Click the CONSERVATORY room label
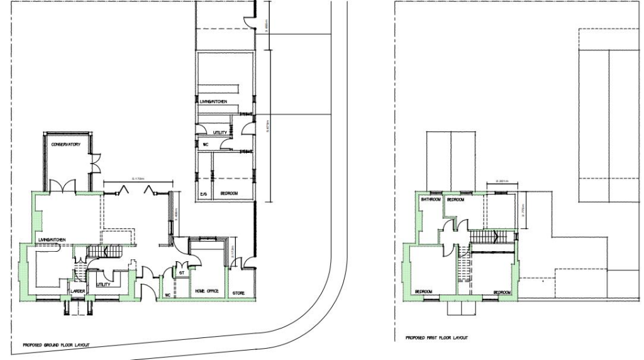pos(66,145)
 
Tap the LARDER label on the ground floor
pos(78,291)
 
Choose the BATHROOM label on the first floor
pos(431,200)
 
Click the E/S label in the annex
pos(203,194)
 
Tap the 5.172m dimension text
pos(140,179)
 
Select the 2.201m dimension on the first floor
pos(502,181)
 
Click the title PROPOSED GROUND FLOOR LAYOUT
pos(56,346)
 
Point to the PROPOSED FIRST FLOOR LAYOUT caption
pos(438,338)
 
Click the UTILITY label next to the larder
pos(103,285)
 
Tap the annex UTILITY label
pos(219,133)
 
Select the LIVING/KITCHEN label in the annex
pos(217,101)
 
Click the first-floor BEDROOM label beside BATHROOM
pos(455,200)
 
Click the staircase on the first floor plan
pos(488,237)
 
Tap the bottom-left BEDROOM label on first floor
pos(423,291)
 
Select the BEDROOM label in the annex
pos(228,194)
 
